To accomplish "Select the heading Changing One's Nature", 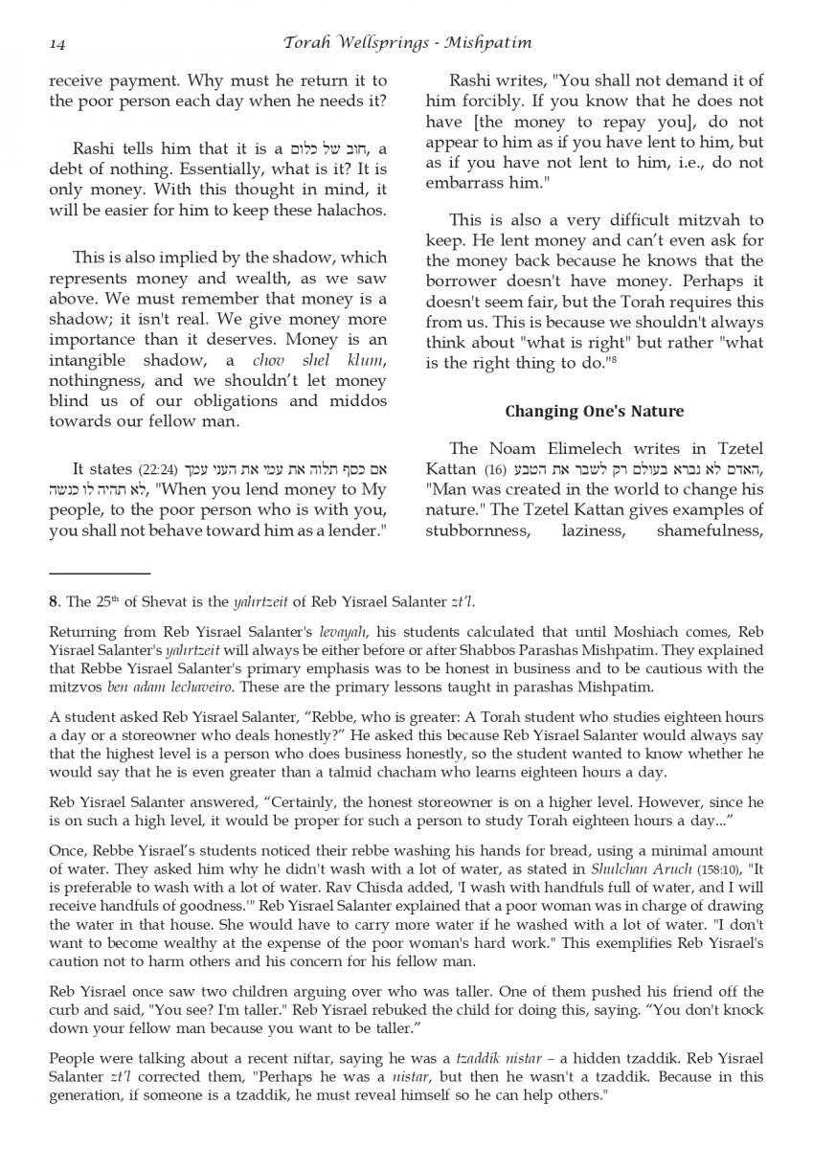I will click(594, 411).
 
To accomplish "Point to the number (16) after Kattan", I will click(495, 469).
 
